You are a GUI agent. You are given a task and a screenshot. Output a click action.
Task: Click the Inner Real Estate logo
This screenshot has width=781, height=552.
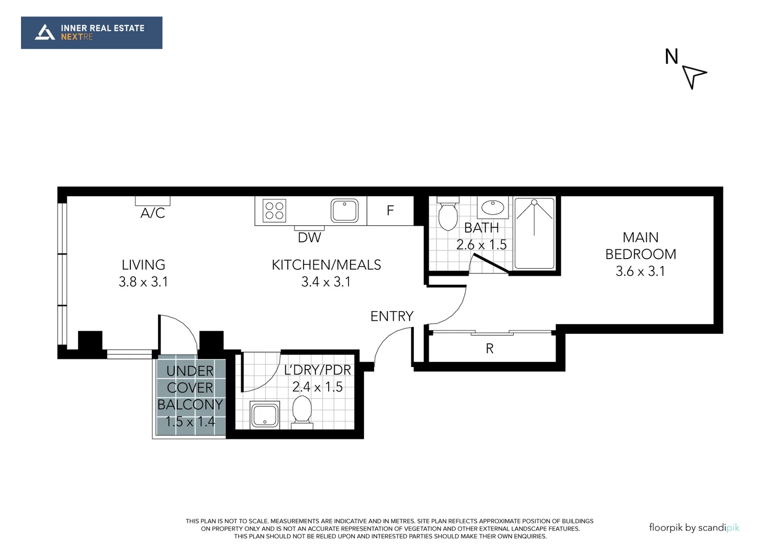(x=91, y=33)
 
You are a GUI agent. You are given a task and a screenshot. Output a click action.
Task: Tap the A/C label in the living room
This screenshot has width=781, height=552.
(x=152, y=213)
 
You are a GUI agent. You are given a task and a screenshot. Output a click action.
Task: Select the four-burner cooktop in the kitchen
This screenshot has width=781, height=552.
(x=274, y=211)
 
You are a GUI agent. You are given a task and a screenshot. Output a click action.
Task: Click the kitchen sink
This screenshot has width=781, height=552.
(x=344, y=211)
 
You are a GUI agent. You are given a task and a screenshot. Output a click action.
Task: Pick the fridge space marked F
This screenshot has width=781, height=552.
(x=390, y=211)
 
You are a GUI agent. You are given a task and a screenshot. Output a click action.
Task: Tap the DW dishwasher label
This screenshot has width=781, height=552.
(x=309, y=238)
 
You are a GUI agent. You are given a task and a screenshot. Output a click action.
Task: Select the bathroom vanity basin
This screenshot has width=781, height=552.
(x=493, y=208)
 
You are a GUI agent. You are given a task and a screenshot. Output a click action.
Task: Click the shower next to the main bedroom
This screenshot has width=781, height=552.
(x=534, y=233)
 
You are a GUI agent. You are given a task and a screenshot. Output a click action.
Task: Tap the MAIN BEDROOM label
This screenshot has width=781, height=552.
(x=640, y=246)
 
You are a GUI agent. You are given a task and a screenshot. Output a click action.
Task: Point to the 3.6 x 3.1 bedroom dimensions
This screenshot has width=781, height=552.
(x=640, y=271)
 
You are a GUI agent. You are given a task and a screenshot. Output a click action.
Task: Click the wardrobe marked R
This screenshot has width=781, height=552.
(x=490, y=349)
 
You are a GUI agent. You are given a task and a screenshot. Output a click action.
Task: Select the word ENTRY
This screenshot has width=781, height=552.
(x=392, y=316)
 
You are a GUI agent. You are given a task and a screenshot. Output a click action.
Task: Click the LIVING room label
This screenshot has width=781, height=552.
(x=143, y=265)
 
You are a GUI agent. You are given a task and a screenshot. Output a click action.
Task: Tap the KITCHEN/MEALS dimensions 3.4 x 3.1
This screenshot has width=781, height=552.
(x=326, y=282)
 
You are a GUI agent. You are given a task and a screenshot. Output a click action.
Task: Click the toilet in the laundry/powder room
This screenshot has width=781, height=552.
(x=302, y=411)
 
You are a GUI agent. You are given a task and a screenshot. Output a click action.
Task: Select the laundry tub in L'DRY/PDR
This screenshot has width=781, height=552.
(x=265, y=415)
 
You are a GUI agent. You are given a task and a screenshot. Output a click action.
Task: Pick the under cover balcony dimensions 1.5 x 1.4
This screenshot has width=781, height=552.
(x=190, y=422)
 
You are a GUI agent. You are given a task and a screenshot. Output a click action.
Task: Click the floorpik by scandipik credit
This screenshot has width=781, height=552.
(x=694, y=527)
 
